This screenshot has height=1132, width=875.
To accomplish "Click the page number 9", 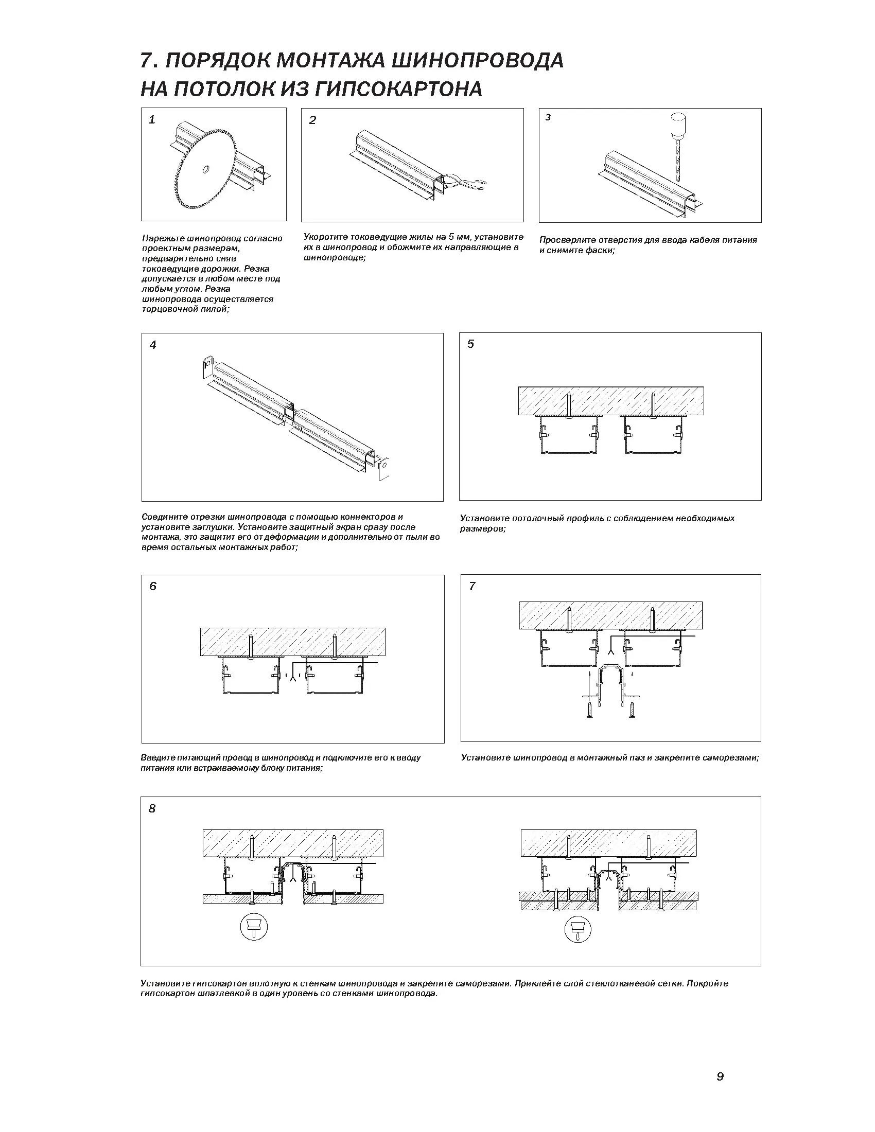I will (x=720, y=1076).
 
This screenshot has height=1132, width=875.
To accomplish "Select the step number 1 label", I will (x=152, y=120).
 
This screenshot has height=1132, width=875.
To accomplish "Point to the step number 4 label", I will (x=153, y=345).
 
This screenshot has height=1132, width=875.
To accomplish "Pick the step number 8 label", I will (x=152, y=808).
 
